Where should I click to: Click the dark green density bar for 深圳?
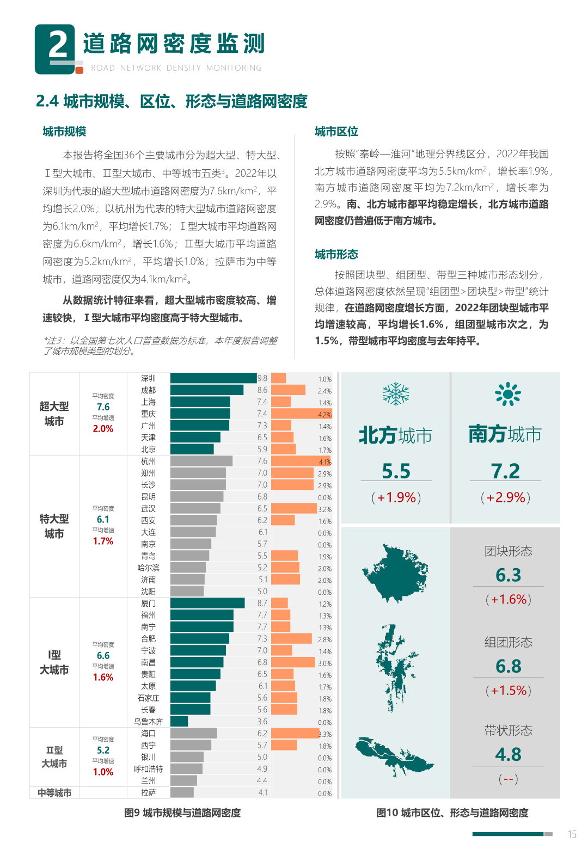point(213,378)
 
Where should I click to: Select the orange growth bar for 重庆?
point(301,414)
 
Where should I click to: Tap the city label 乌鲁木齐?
point(148,722)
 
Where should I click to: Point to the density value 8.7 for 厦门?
point(262,604)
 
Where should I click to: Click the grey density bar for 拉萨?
point(182,792)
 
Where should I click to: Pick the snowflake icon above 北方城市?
point(396,393)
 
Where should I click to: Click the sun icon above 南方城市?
point(507,394)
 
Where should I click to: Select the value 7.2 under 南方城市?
point(505,471)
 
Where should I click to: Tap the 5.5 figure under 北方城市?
point(396,471)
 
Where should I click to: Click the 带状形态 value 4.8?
point(508,755)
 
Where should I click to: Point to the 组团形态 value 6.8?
point(508,666)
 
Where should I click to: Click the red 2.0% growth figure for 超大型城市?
point(103,429)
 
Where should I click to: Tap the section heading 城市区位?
point(336,132)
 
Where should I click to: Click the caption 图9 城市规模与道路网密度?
point(182,813)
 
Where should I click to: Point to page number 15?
point(572,834)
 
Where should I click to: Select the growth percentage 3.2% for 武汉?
point(324,510)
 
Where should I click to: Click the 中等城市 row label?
point(54,793)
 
